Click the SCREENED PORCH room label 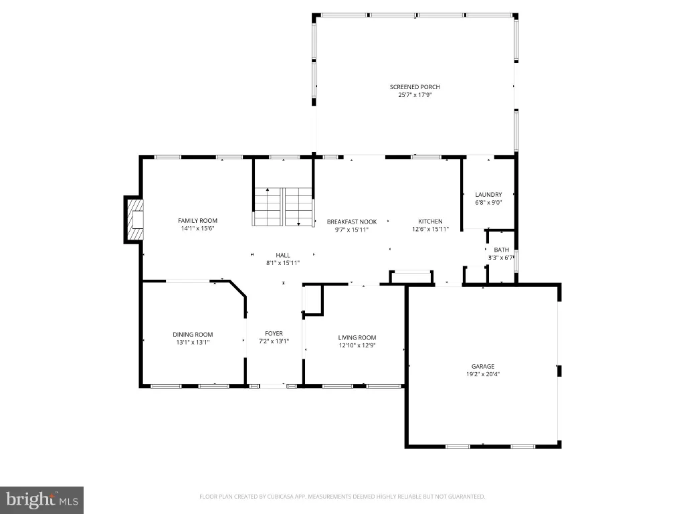click(x=415, y=87)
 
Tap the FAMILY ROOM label click(x=197, y=221)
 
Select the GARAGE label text click(x=483, y=366)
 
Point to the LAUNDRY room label click(x=488, y=195)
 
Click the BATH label click(x=502, y=250)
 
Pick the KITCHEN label click(x=430, y=221)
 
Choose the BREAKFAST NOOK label click(x=352, y=222)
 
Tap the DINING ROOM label click(x=193, y=335)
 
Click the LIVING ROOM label click(x=357, y=337)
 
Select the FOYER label click(x=274, y=333)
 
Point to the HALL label click(x=283, y=255)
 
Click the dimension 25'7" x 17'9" click(x=415, y=94)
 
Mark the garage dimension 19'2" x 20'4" click(x=483, y=374)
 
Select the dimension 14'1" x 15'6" click(x=197, y=228)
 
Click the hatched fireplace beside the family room click(x=134, y=220)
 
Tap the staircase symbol click(x=283, y=207)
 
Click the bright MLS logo click(x=41, y=500)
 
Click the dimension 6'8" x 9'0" click(x=488, y=202)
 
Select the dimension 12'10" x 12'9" click(x=357, y=345)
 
